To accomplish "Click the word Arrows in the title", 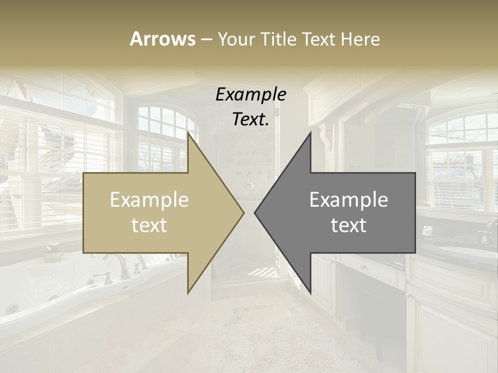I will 162,39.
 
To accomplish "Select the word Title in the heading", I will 279,39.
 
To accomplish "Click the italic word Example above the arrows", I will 251,95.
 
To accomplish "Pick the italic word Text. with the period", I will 251,120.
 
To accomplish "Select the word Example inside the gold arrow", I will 149,200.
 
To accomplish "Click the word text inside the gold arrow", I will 149,225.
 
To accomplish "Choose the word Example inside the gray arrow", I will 349,200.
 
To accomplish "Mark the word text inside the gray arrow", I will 349,225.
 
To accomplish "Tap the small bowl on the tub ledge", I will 52,253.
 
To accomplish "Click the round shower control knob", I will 250,185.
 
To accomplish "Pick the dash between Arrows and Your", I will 206,39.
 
